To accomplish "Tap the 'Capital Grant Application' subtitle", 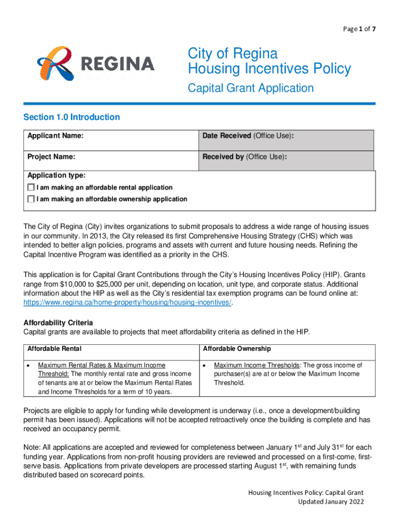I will point(250,88).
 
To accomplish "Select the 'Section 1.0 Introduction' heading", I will point(72,117).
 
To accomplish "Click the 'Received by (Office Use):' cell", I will point(245,156).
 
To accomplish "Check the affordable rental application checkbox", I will point(32,187).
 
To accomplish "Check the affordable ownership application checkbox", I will point(32,199).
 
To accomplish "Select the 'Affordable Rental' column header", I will point(54,349).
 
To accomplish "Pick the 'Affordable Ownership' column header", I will point(237,349).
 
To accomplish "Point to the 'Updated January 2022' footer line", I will point(331,502).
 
